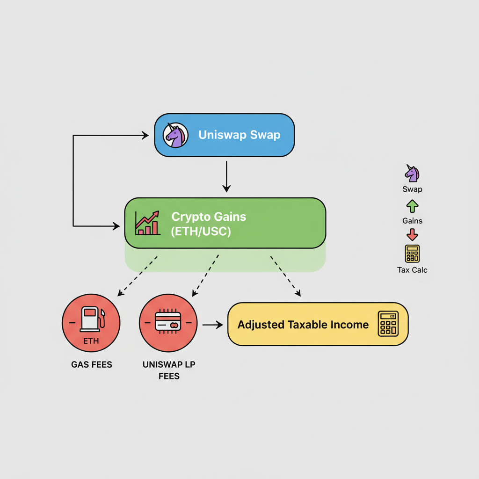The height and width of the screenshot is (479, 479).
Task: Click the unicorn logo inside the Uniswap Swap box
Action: pos(175,135)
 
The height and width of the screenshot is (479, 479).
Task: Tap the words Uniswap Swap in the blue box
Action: pos(239,135)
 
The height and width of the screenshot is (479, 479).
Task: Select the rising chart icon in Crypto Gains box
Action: pos(147,223)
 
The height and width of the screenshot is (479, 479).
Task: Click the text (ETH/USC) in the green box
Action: pos(201,231)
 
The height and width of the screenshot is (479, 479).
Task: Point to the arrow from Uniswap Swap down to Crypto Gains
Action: pos(226,176)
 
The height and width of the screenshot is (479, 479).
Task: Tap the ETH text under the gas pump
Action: pos(91,341)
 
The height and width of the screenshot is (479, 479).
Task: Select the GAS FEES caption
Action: pos(92,364)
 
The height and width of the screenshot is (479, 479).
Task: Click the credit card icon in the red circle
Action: pos(168,321)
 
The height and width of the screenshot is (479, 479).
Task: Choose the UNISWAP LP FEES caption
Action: pos(169,370)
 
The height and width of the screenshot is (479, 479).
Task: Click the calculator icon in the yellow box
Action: pos(388,324)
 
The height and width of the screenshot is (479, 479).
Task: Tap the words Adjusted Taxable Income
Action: pos(303,325)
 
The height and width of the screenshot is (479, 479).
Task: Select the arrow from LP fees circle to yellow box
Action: pos(213,325)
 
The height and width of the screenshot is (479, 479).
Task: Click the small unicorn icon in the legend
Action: pos(412,173)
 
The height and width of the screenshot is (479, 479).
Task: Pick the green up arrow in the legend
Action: pos(412,206)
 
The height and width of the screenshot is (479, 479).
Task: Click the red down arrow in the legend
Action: pos(412,235)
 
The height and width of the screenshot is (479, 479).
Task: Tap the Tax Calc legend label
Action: pos(412,270)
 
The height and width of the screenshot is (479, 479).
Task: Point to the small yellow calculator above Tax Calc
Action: pos(412,254)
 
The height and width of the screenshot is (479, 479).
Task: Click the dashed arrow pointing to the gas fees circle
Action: pos(138,276)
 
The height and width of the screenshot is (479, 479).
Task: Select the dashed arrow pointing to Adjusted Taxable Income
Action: pos(286,276)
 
